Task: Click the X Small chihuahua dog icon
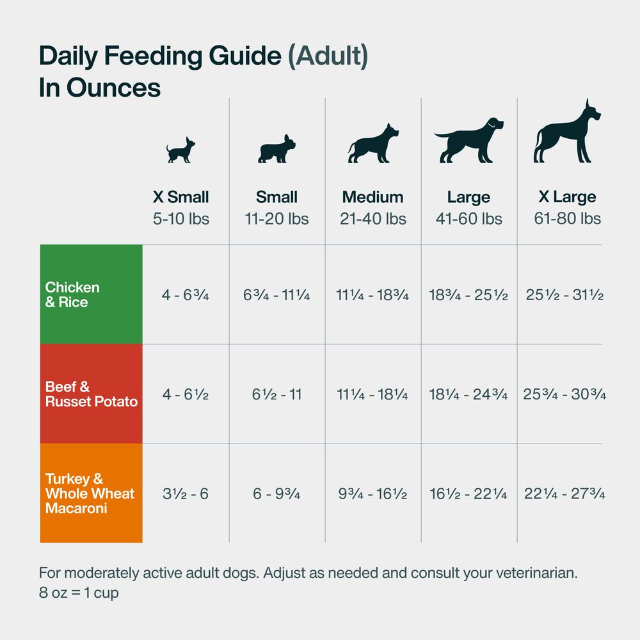[x=180, y=150]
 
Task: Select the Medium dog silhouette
[x=373, y=144]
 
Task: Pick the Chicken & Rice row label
[x=72, y=294]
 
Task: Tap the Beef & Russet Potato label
[x=91, y=394]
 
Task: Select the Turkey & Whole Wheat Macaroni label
[x=90, y=493]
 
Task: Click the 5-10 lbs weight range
[x=180, y=219]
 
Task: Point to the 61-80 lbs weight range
[x=567, y=219]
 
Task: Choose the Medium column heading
[x=372, y=197]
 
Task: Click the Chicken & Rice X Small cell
[x=186, y=295]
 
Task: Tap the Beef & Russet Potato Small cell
[x=276, y=394]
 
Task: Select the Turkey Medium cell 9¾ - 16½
[x=372, y=494]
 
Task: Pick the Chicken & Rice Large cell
[x=468, y=295]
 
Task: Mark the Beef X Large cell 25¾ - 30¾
[x=564, y=394]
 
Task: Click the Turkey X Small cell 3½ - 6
[x=185, y=494]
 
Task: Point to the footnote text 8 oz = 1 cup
[x=79, y=593]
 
